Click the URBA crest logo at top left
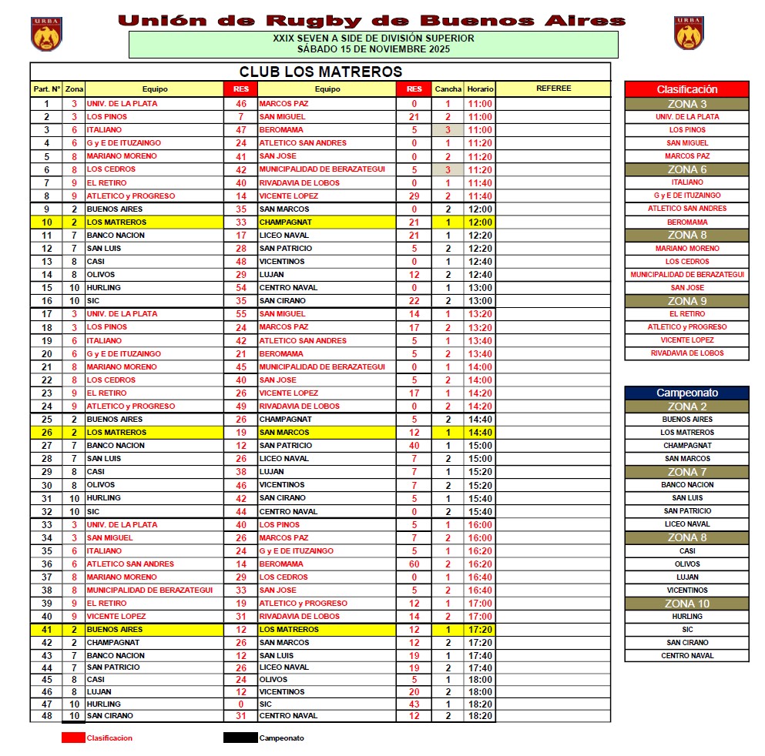point(46,34)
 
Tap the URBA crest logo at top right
point(689,34)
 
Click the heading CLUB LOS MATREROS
point(320,72)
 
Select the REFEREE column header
point(553,89)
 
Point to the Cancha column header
point(448,89)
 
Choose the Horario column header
point(480,89)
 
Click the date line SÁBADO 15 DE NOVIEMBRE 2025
point(373,49)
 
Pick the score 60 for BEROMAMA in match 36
point(414,564)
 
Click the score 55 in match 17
point(241,314)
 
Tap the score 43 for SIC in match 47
point(414,704)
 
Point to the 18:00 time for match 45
point(480,680)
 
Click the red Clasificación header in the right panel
point(686,89)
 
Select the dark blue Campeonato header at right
point(686,393)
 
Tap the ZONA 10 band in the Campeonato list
point(686,604)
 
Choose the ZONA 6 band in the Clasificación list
point(686,169)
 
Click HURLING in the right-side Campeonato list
point(686,617)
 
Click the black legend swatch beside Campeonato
point(240,738)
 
